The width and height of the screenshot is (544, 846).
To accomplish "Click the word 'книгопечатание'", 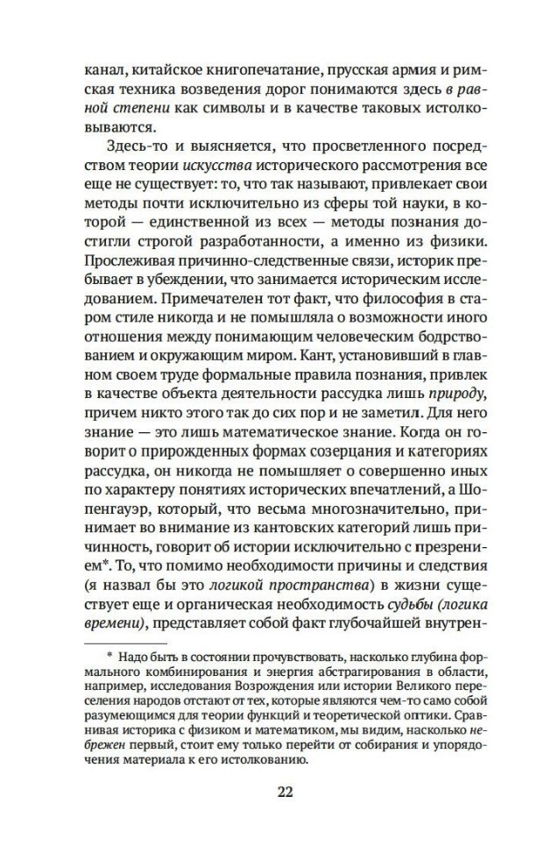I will click(x=249, y=68).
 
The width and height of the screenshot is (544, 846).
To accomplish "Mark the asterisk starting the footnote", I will click(x=110, y=653).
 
